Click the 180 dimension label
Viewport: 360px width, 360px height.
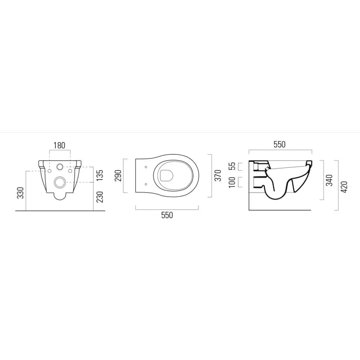click(x=59, y=145)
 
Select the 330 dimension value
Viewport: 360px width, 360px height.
click(x=21, y=193)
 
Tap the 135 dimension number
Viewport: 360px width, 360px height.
click(x=99, y=175)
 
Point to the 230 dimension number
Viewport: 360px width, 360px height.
click(x=99, y=197)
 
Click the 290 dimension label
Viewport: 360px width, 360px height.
click(x=118, y=175)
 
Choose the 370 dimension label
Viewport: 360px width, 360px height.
click(x=218, y=175)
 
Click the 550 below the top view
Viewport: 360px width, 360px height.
click(x=167, y=216)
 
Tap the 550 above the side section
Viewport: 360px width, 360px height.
click(x=279, y=144)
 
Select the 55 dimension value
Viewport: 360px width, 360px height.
click(x=232, y=166)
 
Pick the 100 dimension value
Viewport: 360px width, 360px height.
click(x=232, y=182)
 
